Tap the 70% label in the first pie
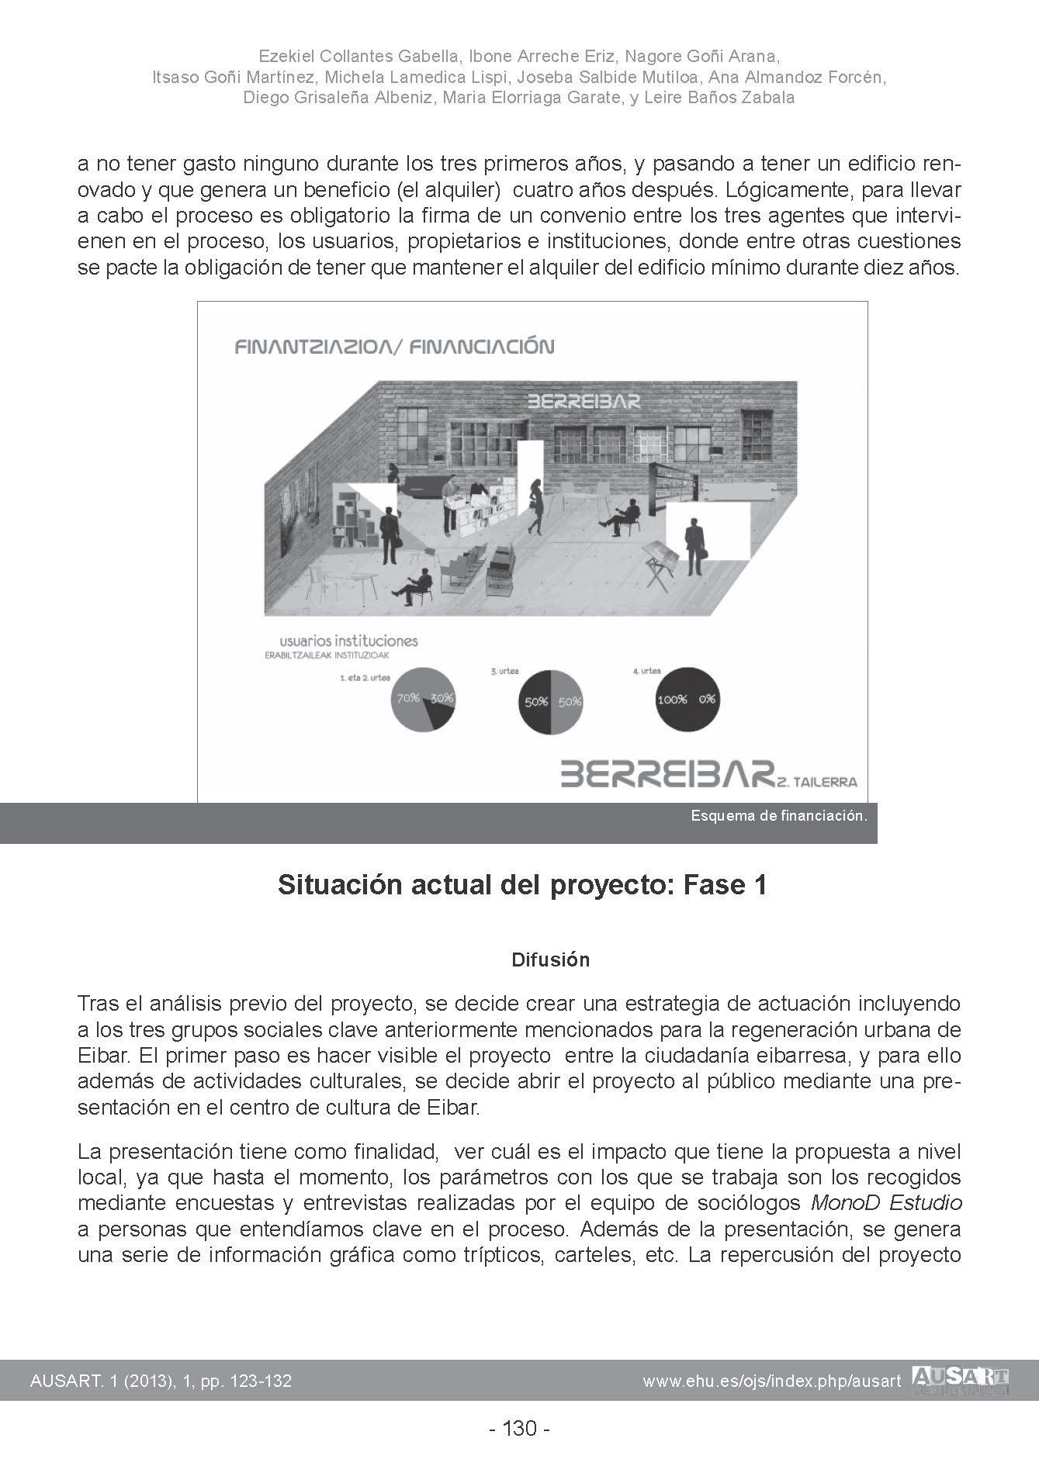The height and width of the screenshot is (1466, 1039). [x=408, y=698]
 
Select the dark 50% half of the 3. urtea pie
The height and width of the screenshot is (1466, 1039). [x=534, y=702]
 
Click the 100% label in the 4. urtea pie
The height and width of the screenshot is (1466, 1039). [x=672, y=700]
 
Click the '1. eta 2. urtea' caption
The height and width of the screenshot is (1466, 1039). [x=365, y=677]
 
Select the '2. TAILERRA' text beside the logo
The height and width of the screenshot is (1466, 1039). [x=819, y=782]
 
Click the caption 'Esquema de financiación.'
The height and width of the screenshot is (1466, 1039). [x=778, y=816]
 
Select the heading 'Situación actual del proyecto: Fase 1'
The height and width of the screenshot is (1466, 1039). [x=522, y=885]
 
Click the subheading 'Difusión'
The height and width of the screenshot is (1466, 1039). [x=550, y=960]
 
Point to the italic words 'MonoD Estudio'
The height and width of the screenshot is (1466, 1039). [x=886, y=1204]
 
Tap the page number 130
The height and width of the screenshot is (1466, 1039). [x=520, y=1428]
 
